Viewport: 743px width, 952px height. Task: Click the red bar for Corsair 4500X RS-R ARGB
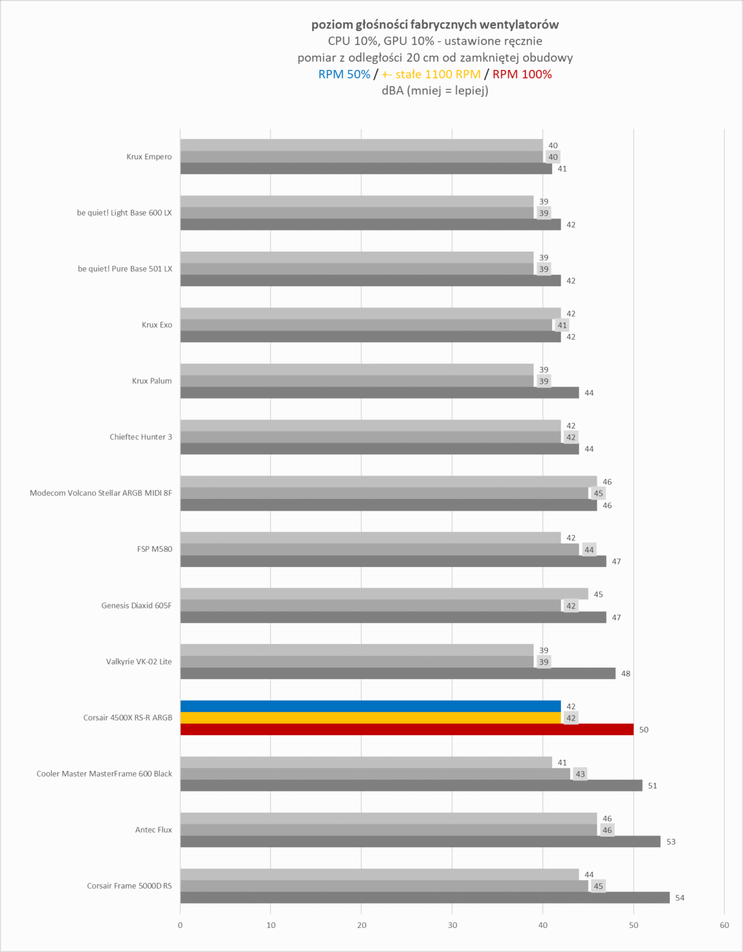click(x=407, y=729)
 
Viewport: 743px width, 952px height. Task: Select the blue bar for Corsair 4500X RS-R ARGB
click(x=371, y=706)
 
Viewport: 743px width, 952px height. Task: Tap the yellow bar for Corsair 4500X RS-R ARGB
click(x=371, y=718)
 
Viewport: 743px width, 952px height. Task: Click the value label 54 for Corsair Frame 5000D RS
click(x=680, y=898)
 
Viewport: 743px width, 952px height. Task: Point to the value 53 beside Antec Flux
click(x=671, y=842)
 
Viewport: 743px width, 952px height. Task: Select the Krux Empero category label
click(x=149, y=157)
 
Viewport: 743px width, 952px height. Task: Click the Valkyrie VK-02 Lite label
click(x=139, y=661)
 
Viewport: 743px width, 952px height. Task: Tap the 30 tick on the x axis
click(x=452, y=925)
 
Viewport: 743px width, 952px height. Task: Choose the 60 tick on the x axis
click(x=724, y=925)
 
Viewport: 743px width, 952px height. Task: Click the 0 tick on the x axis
click(x=180, y=925)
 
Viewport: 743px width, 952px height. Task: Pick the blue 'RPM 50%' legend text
click(x=344, y=74)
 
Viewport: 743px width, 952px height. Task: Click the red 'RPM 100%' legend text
click(x=522, y=74)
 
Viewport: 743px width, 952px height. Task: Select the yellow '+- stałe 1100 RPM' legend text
click(x=431, y=74)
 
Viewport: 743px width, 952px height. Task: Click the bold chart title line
click(x=435, y=25)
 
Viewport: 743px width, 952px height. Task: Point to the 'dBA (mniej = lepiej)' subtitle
click(x=435, y=90)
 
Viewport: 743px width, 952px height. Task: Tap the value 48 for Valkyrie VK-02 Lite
click(x=626, y=674)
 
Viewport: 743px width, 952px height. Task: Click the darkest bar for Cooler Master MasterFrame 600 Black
click(x=411, y=785)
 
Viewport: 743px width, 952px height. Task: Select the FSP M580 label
click(x=155, y=549)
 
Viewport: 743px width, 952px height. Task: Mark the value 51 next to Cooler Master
click(x=653, y=786)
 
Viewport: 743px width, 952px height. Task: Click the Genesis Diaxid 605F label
click(x=136, y=606)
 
